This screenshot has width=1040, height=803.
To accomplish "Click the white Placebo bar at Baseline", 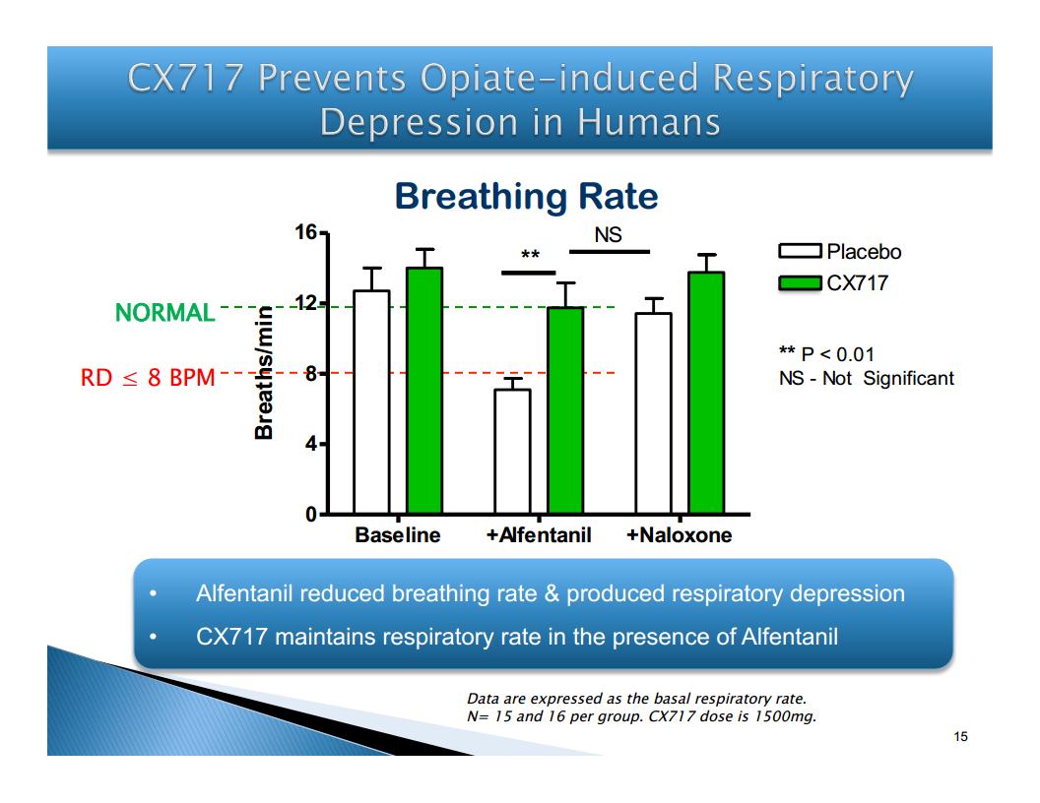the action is (x=371, y=401).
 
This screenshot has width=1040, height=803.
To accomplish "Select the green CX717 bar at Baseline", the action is (x=424, y=391).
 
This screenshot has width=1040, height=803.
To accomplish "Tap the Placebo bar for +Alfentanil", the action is (x=512, y=451).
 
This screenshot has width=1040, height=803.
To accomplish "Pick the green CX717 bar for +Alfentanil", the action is (x=565, y=410).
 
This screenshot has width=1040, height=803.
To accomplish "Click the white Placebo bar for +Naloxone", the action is (x=653, y=412).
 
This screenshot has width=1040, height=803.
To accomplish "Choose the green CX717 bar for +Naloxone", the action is (x=706, y=393).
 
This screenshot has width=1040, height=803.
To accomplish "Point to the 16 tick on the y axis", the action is (x=306, y=232).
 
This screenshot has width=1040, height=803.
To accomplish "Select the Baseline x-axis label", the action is (x=397, y=534).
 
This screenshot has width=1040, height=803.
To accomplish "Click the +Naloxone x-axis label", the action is (x=680, y=534).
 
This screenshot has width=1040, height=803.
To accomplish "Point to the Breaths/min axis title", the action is (x=264, y=372).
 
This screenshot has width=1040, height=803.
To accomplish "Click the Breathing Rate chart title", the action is (x=527, y=196).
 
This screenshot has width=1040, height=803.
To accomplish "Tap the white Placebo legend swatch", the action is (x=800, y=251).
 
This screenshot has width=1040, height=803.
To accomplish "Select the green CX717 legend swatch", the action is (x=800, y=282).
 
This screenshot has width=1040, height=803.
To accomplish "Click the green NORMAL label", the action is (x=165, y=312).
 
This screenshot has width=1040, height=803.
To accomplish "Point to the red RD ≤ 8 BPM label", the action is (x=148, y=377).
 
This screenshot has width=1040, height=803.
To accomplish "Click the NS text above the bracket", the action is (x=609, y=234).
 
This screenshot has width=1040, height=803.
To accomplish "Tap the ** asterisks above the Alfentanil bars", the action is (x=530, y=255).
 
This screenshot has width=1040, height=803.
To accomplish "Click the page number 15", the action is (x=960, y=736).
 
